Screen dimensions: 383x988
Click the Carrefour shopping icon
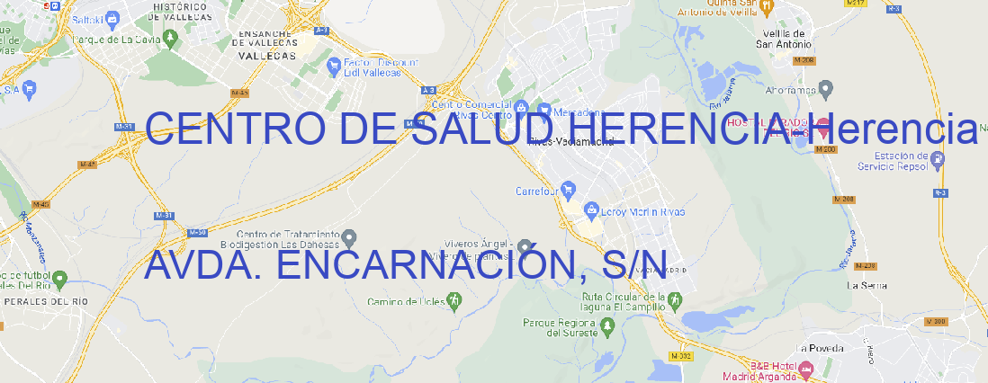(x=570, y=191)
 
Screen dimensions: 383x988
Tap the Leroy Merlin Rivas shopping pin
(x=591, y=210)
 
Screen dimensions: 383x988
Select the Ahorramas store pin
(x=827, y=88)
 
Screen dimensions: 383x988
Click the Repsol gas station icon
(x=938, y=159)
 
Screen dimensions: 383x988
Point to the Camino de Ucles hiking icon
(x=454, y=300)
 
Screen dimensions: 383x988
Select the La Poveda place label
(x=820, y=348)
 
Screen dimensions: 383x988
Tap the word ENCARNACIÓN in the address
(x=423, y=264)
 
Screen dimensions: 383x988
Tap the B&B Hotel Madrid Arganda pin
(x=805, y=370)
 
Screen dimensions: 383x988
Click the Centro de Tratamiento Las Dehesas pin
(x=351, y=236)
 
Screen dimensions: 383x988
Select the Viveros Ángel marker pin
(x=525, y=246)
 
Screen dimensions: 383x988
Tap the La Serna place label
(x=867, y=285)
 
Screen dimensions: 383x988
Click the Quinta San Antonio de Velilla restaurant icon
(x=766, y=7)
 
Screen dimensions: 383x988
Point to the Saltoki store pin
(x=112, y=17)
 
